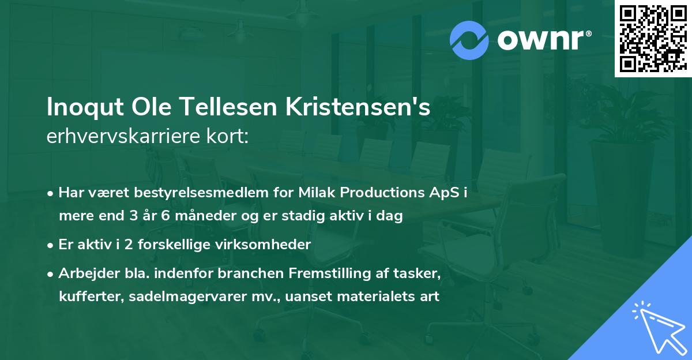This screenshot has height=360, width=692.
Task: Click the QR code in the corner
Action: coord(653,39)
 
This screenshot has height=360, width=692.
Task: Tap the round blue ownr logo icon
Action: coord(469,40)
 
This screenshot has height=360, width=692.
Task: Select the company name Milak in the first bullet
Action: coord(317,193)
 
